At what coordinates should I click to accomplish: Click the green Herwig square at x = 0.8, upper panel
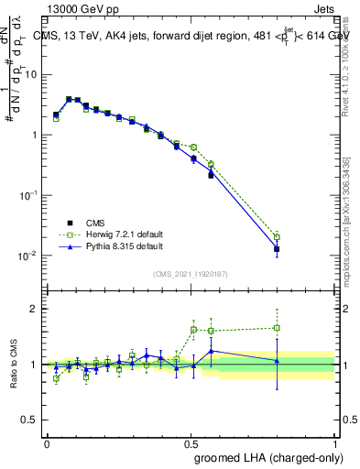(x=277, y=236)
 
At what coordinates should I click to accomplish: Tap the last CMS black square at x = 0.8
(x=277, y=249)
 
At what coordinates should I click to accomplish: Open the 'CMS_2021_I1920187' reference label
(x=190, y=274)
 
